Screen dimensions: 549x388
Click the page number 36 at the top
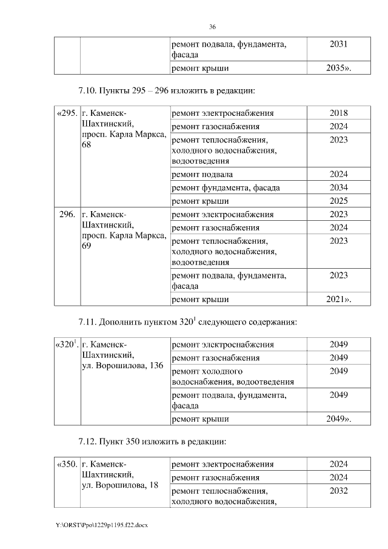[x=212, y=27]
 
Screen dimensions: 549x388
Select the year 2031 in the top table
[x=338, y=44]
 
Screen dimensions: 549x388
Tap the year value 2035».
[x=338, y=68]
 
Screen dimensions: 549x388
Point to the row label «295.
[x=66, y=113]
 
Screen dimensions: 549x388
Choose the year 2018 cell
[x=338, y=113]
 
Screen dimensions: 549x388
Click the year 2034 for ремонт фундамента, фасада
[x=338, y=187]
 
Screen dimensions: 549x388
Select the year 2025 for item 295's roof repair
[x=338, y=201]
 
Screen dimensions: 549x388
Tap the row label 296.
[x=67, y=215]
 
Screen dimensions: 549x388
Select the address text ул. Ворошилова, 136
[x=122, y=366]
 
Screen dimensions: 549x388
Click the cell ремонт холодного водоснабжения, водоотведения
[x=233, y=376]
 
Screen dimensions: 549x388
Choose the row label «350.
[x=66, y=465]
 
